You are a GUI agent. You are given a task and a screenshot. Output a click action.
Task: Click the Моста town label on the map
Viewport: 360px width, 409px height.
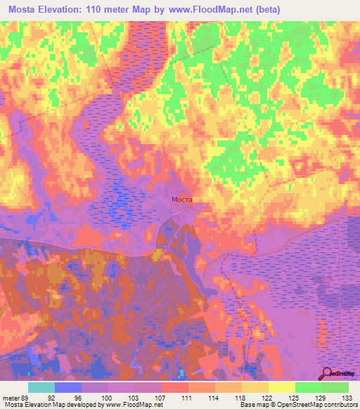click(x=182, y=200)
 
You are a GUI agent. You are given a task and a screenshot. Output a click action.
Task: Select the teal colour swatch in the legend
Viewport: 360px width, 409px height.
click(x=41, y=387)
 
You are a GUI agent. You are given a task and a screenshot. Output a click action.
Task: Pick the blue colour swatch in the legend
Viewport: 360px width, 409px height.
click(x=68, y=387)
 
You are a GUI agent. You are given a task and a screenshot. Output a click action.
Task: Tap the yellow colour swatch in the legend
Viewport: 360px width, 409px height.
click(x=282, y=387)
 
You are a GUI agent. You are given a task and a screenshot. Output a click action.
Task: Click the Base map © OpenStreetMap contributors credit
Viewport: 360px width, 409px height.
click(x=297, y=405)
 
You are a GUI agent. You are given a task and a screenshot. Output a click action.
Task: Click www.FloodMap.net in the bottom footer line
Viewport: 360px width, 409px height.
click(x=133, y=405)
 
